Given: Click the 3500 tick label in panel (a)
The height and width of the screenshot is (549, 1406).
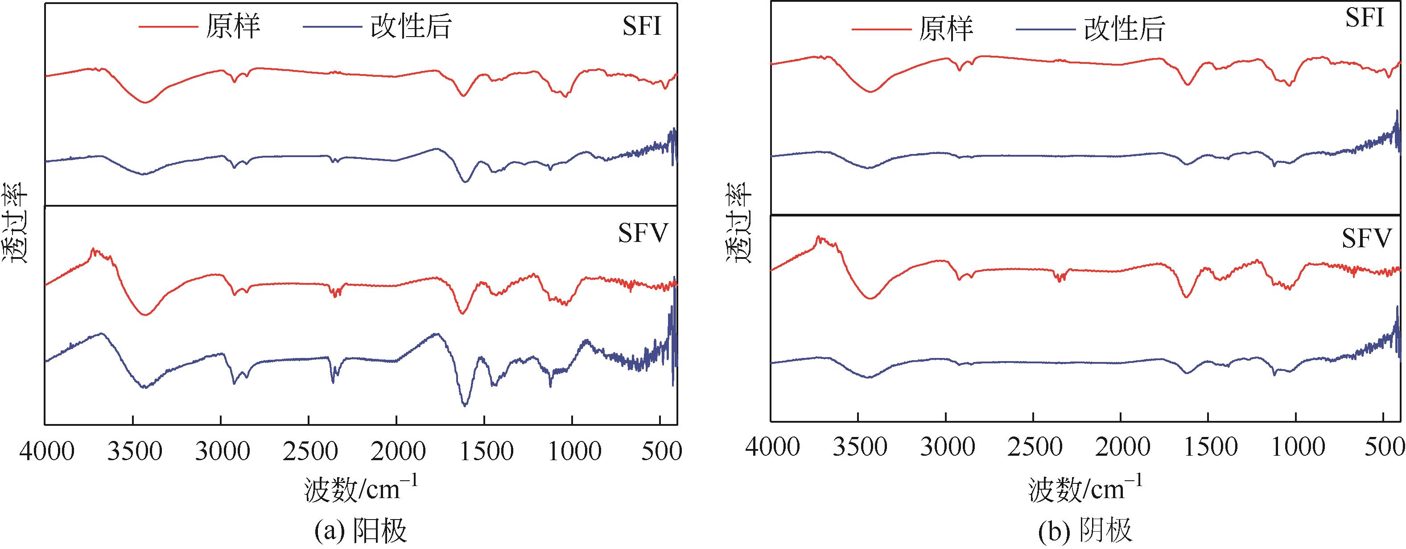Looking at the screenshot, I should (134, 451).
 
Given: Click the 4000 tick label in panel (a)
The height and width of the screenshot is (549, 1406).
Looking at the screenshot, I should (46, 451).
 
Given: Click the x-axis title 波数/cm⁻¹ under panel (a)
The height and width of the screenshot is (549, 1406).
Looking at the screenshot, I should (361, 488).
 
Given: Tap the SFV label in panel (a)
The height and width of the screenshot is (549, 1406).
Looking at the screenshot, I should (643, 234).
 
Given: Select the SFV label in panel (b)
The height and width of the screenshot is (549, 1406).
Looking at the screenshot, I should (1367, 239).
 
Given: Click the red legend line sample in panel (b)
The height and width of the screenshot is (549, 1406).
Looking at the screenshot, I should (881, 29).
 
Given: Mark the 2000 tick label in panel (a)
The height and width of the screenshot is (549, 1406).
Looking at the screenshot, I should (397, 451).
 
